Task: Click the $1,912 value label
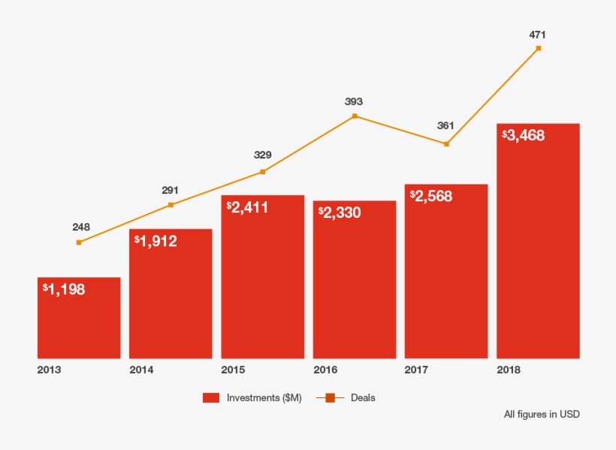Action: coord(156,241)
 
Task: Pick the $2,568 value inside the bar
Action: coord(431,195)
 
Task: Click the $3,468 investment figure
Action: coord(523,135)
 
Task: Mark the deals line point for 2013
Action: coord(79,242)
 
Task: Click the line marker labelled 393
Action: coord(355,116)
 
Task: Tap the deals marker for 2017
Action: coord(446,143)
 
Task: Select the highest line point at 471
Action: coord(538,48)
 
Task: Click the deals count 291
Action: coord(171,190)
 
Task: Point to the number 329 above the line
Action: coord(263,156)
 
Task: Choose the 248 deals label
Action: coord(81,226)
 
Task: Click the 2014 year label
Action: coord(141,370)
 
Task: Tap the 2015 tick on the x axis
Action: coord(233,370)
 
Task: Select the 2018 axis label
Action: coord(509,370)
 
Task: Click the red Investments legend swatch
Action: coord(211,398)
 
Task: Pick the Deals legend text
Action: coord(363,398)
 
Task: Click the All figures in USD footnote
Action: coord(542,414)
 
